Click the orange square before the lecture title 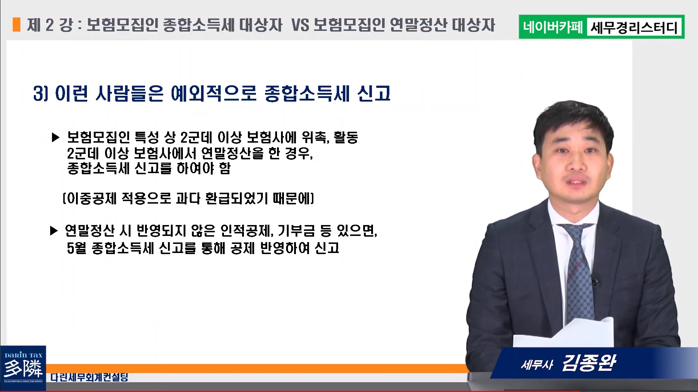[x=16, y=25]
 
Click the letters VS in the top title [x=300, y=25]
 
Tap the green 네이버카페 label [x=553, y=27]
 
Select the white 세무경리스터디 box [x=634, y=27]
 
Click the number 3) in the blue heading [x=41, y=93]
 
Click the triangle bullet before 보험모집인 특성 [x=56, y=138]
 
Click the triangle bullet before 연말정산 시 [x=54, y=230]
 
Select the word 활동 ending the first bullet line [x=346, y=137]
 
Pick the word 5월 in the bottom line [x=77, y=248]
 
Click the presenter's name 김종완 [x=589, y=362]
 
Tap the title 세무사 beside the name [x=537, y=364]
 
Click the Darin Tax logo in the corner [x=23, y=368]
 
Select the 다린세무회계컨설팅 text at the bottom [x=89, y=377]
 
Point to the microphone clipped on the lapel [x=595, y=281]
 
